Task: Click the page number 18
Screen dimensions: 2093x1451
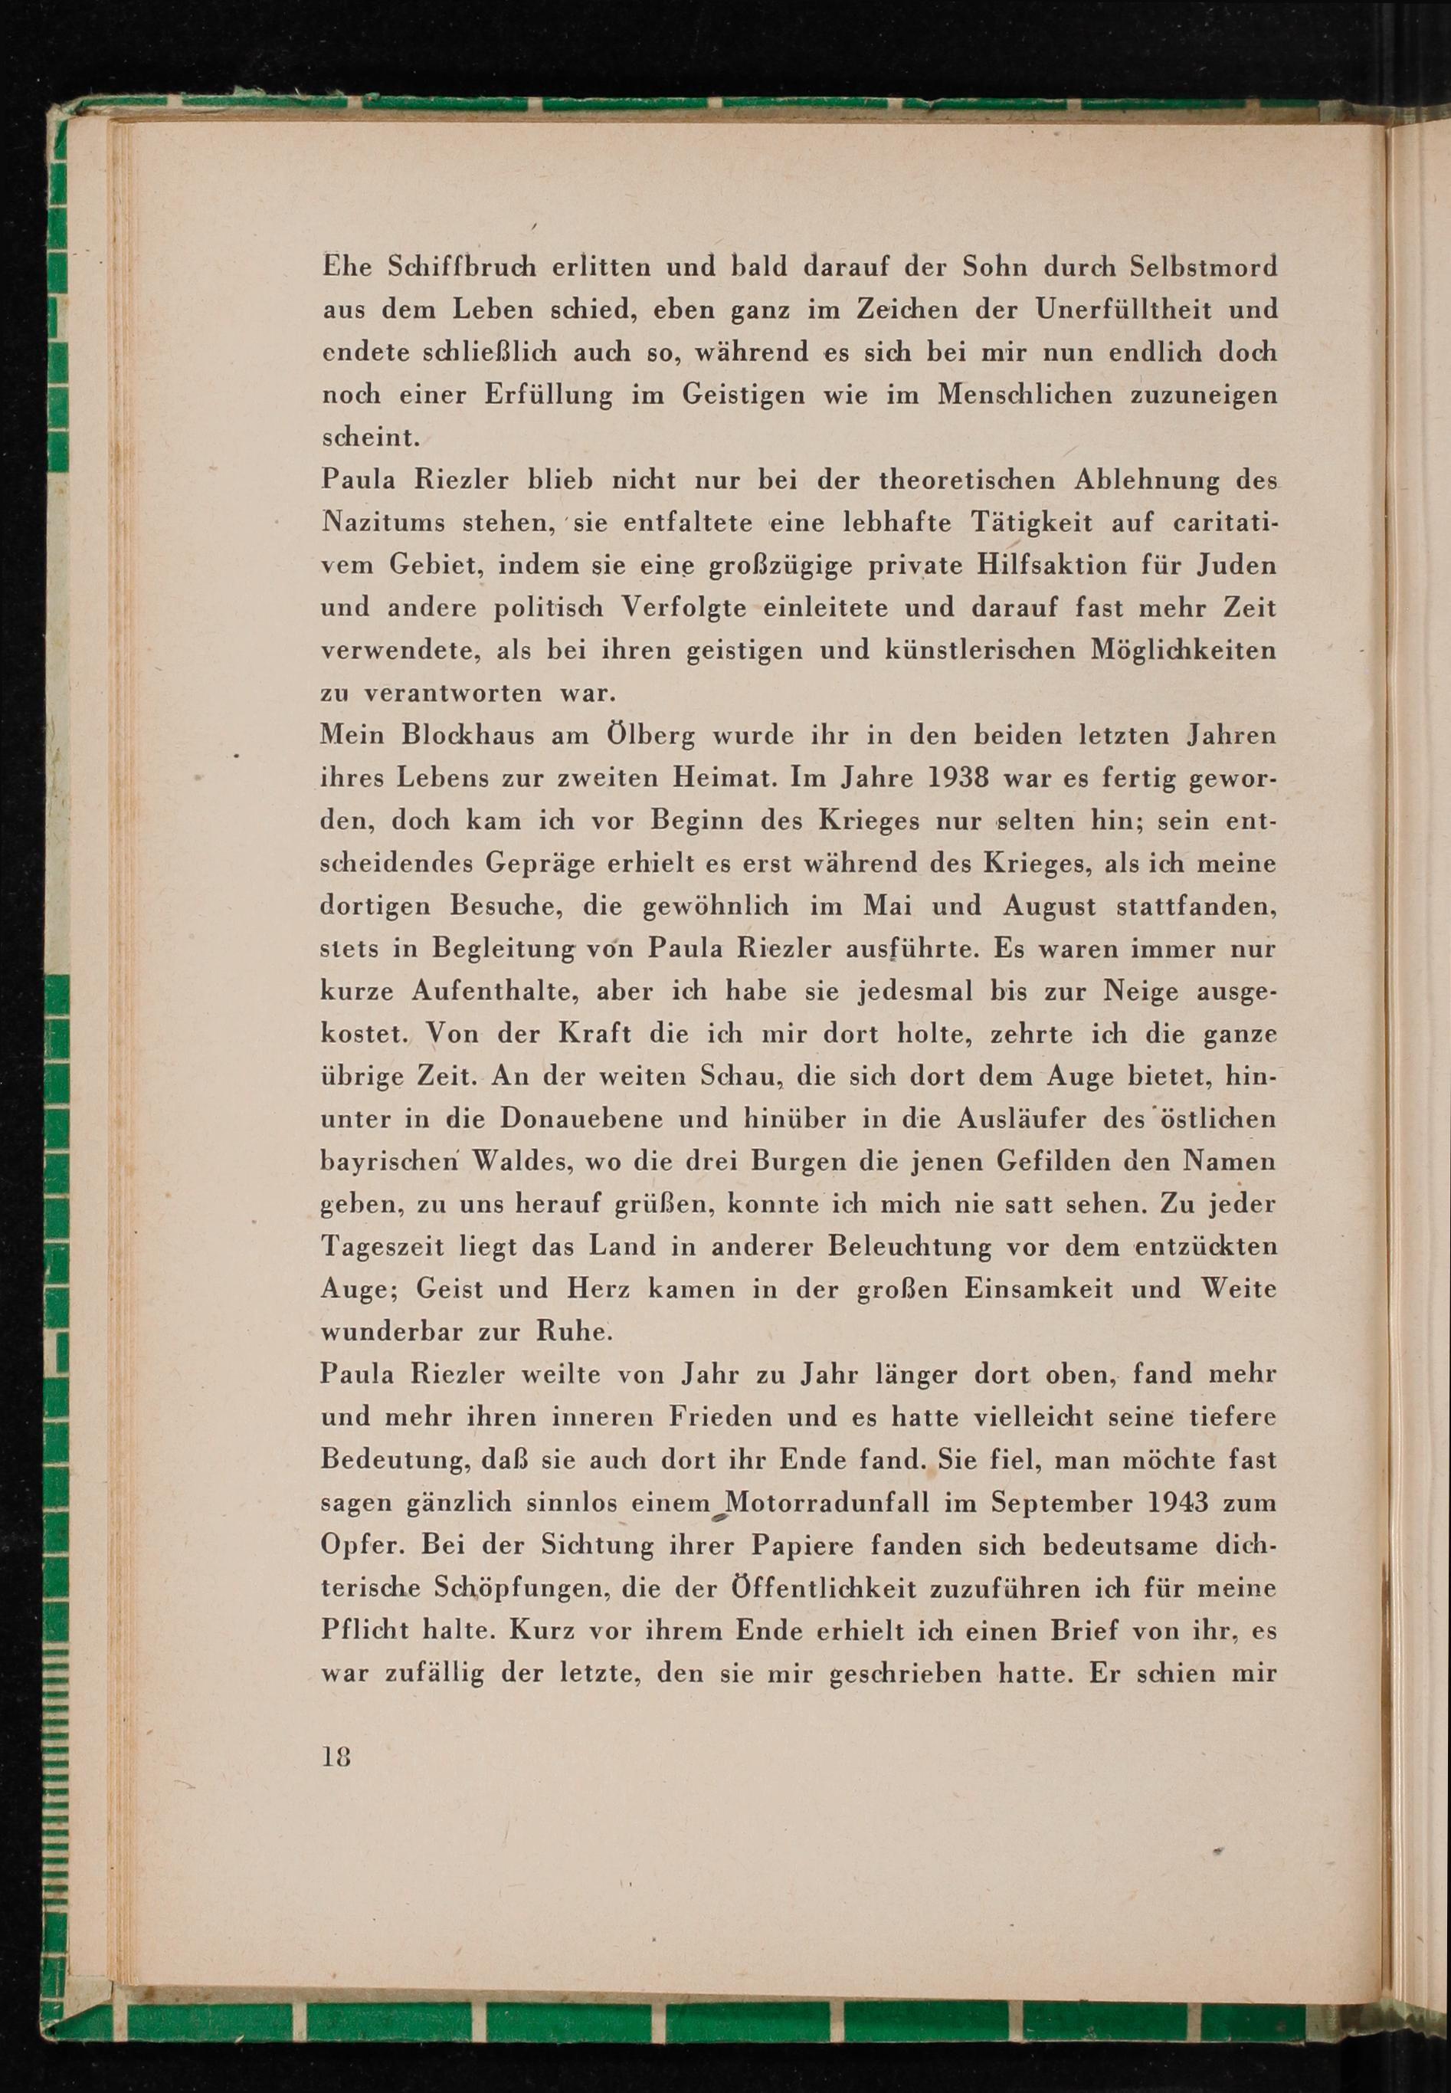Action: tap(336, 1757)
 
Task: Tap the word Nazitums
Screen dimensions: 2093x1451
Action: tap(382, 523)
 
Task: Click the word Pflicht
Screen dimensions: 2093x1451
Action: tap(365, 1630)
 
